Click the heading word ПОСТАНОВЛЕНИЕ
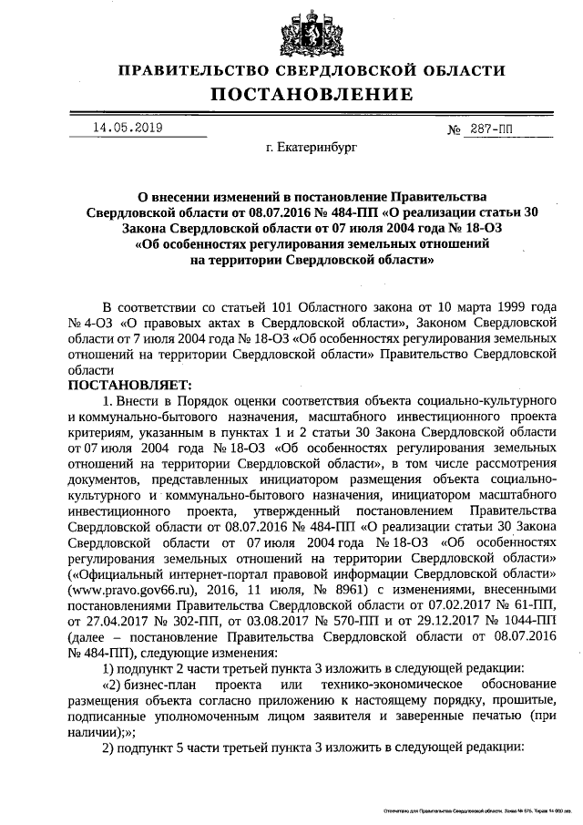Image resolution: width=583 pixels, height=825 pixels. (312, 94)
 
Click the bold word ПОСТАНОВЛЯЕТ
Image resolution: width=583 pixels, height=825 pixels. (126, 386)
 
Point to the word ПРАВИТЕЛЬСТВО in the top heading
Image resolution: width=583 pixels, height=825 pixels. (198, 70)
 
